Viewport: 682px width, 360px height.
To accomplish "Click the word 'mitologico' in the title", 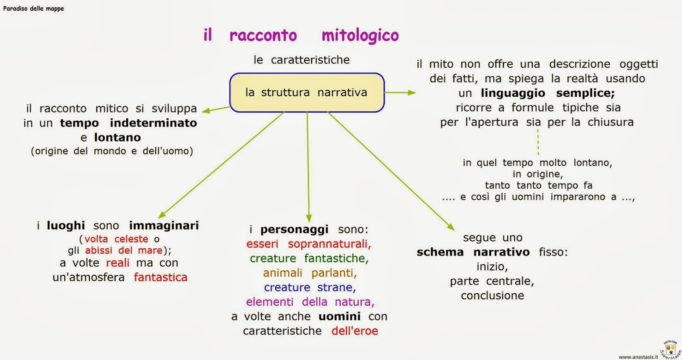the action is [x=360, y=36].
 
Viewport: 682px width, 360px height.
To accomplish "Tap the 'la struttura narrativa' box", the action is [x=306, y=92].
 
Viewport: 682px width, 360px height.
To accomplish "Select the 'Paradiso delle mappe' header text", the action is [x=33, y=9].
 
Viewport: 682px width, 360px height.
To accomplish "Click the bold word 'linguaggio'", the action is [x=513, y=93].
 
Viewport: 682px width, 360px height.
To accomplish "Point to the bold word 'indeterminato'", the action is [x=153, y=123].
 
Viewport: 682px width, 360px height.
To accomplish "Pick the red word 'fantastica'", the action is [x=160, y=277].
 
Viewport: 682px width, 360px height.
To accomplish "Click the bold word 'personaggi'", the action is [x=294, y=230].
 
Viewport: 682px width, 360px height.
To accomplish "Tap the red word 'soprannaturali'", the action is [x=329, y=244].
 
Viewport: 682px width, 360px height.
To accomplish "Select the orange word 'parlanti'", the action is [x=334, y=273].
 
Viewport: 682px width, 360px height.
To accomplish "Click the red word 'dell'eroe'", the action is [x=355, y=331].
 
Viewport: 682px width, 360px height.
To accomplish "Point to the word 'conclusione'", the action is [x=492, y=296].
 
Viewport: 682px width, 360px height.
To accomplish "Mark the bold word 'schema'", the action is [x=440, y=252].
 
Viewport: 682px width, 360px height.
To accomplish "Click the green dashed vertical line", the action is [x=538, y=142].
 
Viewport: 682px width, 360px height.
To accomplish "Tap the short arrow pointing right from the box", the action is [x=400, y=92].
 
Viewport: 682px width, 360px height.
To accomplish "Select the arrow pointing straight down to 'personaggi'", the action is [x=308, y=166].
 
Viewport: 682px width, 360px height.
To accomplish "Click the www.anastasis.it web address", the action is [x=638, y=357].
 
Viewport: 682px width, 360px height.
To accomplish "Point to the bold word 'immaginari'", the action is [x=164, y=225].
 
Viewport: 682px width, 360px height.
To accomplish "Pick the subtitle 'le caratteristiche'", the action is [x=301, y=60].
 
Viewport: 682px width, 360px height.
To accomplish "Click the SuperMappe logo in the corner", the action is [x=670, y=349].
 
